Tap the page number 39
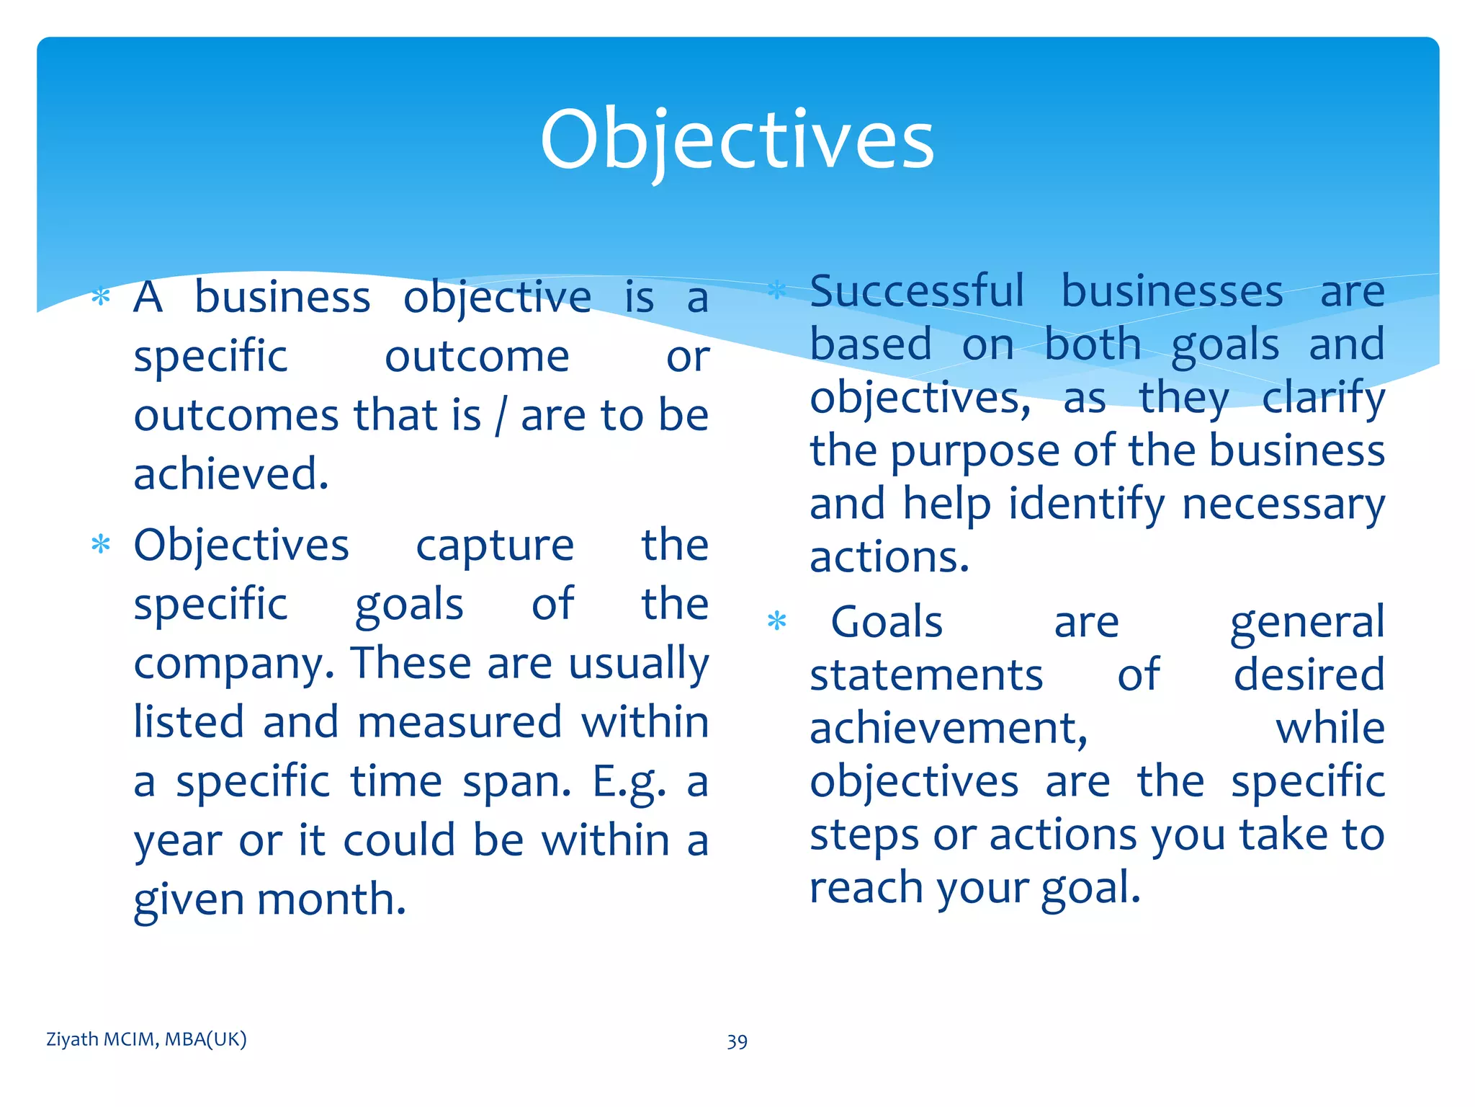tap(737, 1041)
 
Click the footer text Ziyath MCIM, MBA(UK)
tap(146, 1039)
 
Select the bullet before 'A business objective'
tap(102, 297)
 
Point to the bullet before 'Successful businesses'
tap(776, 291)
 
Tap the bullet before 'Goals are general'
tap(776, 621)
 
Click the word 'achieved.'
tap(231, 474)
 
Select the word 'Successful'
tap(916, 291)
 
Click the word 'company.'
tap(235, 664)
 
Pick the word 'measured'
tap(459, 722)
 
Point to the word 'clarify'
tap(1323, 398)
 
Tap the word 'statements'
tap(926, 675)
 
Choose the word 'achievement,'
tap(949, 728)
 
